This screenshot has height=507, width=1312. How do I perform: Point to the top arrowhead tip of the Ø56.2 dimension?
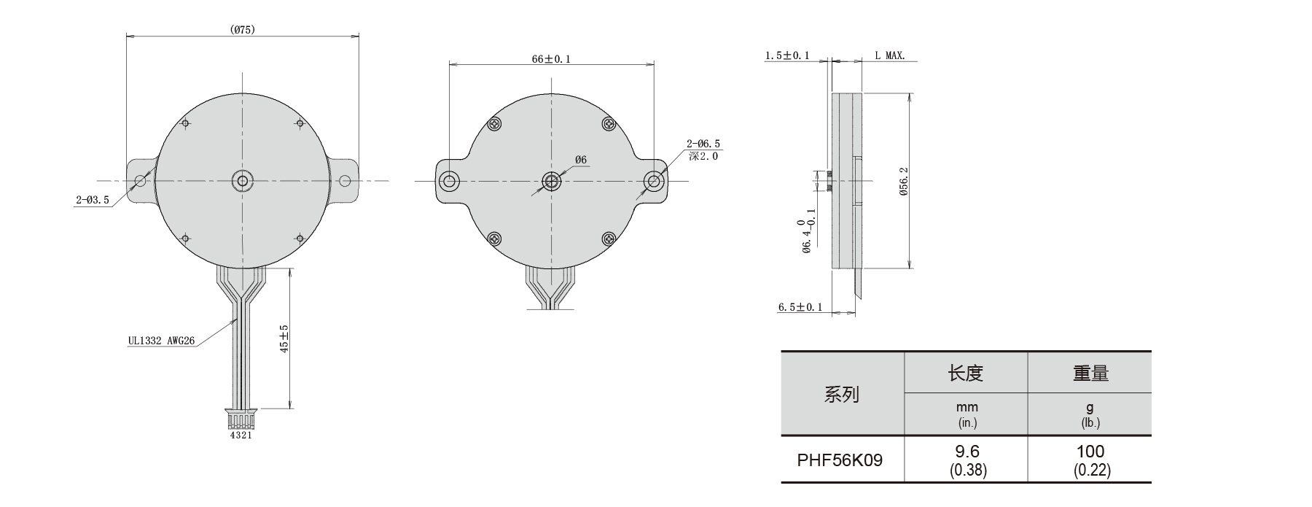(x=909, y=93)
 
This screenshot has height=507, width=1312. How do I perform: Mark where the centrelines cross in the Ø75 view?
(x=242, y=180)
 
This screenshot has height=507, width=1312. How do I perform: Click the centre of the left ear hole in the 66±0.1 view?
(x=449, y=181)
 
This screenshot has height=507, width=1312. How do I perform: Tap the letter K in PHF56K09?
(x=854, y=460)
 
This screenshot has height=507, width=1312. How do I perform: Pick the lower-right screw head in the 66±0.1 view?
(x=609, y=238)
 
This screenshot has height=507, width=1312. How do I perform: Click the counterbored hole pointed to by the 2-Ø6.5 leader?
(x=654, y=181)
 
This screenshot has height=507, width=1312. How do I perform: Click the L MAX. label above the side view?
(x=890, y=55)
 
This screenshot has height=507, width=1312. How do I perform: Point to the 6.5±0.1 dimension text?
(x=800, y=307)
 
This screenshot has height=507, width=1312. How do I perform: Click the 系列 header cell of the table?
(x=842, y=395)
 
